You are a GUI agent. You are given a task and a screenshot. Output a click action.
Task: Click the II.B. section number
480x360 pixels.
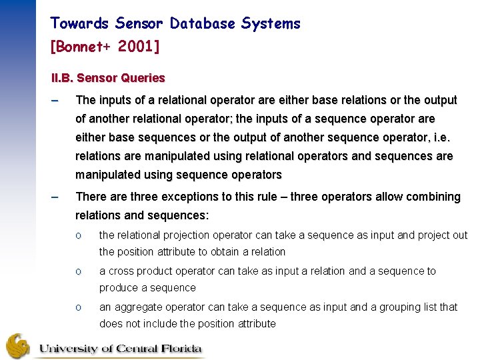click(63, 78)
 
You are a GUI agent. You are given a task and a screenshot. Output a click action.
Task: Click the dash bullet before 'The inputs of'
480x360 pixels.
click(55, 101)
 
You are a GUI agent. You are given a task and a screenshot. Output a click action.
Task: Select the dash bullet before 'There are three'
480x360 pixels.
click(55, 197)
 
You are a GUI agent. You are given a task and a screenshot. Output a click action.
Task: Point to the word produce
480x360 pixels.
click(118, 288)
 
